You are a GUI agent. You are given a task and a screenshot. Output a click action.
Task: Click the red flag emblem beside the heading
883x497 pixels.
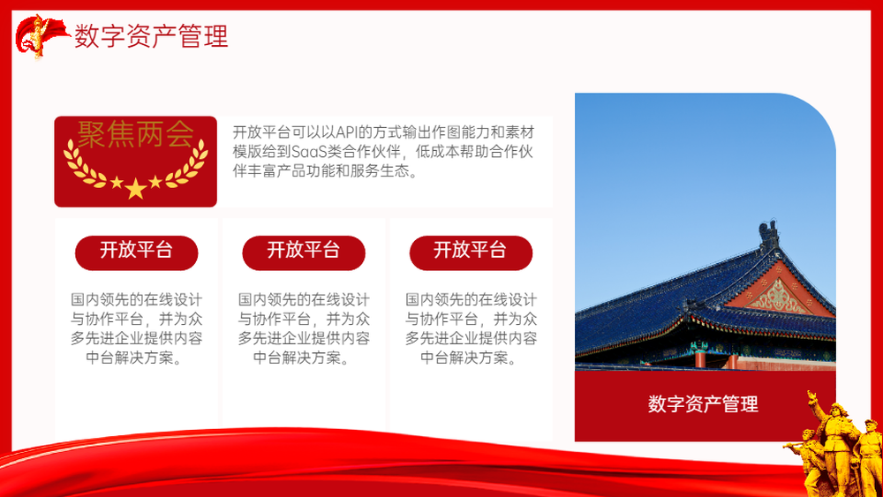(40, 36)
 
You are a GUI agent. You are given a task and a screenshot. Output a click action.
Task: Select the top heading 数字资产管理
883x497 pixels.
(151, 36)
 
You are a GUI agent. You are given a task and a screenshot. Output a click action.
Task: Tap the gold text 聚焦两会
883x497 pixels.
(135, 134)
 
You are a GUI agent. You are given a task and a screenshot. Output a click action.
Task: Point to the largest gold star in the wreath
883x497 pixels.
(136, 189)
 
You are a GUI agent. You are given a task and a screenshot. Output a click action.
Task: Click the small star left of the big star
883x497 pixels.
(117, 183)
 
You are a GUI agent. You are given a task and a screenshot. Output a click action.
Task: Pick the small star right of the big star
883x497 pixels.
(155, 182)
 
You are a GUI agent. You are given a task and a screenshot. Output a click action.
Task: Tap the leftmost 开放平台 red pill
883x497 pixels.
(136, 252)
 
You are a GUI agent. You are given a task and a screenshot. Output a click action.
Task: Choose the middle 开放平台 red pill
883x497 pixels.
(304, 252)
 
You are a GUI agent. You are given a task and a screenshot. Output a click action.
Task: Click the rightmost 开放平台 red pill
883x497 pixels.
(471, 252)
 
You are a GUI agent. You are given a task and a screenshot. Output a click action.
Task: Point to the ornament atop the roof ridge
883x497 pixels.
(769, 235)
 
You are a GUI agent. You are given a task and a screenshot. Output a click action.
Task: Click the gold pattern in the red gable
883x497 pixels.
(779, 297)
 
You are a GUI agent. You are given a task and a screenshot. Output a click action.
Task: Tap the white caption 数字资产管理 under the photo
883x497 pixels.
(703, 404)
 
